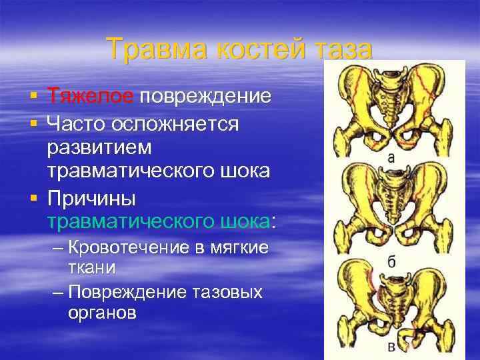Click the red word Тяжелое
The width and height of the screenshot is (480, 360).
point(90,96)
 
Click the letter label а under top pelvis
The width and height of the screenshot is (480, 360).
point(391,158)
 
